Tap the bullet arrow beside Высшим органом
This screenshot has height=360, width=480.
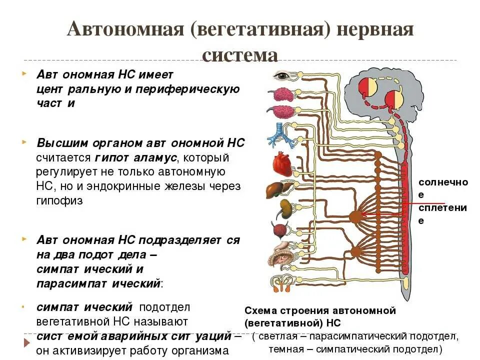click(24, 142)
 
